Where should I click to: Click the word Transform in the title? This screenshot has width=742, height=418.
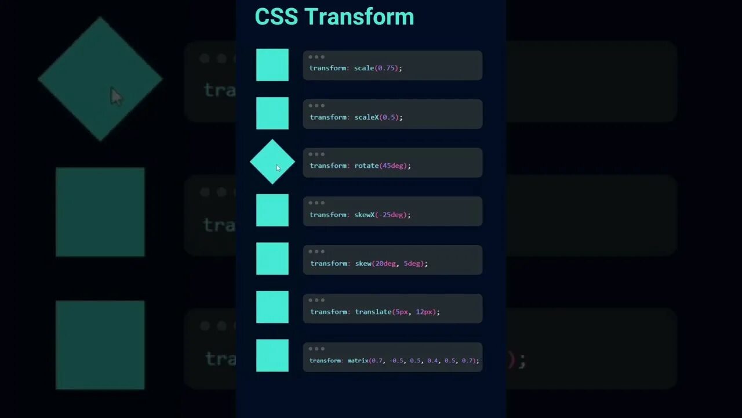pos(368,17)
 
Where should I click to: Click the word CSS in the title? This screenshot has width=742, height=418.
pos(277,17)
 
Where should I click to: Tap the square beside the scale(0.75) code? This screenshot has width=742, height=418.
pos(272,64)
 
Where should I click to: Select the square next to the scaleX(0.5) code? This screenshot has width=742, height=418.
pos(272,113)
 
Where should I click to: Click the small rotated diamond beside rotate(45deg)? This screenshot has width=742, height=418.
pos(272,161)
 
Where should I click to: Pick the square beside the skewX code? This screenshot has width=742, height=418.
pos(272,210)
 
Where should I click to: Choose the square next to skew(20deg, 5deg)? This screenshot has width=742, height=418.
pos(272,258)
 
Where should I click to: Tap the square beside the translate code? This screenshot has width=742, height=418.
pos(272,307)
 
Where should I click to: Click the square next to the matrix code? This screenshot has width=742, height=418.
pos(272,355)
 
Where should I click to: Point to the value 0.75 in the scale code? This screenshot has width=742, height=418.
pos(387,69)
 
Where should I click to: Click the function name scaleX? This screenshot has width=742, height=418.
pos(366,117)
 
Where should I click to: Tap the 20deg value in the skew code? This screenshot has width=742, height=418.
pos(385,264)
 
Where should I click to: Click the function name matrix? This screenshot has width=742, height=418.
pos(358,361)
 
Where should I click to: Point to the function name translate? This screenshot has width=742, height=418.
pos(373,312)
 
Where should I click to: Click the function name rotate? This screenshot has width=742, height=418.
pos(366,166)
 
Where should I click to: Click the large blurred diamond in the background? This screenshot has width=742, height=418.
pos(100,79)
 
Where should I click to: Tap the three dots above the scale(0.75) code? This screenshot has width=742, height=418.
pos(317,57)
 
